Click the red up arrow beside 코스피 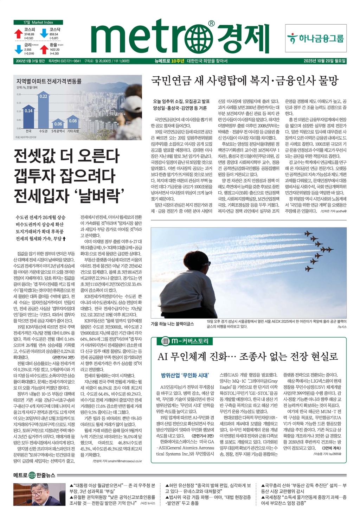tap(19, 34)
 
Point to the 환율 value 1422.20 tap(54, 50)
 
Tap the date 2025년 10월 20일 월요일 tap(324, 61)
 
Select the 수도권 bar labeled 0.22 tap(43, 110)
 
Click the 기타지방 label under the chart tap(73, 131)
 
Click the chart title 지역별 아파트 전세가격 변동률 tap(49, 81)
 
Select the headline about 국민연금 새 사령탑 tap(245, 81)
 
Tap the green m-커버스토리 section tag tap(185, 341)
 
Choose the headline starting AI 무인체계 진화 tap(247, 357)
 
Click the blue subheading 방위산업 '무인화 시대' tap(185, 375)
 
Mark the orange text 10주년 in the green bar tap(178, 61)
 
